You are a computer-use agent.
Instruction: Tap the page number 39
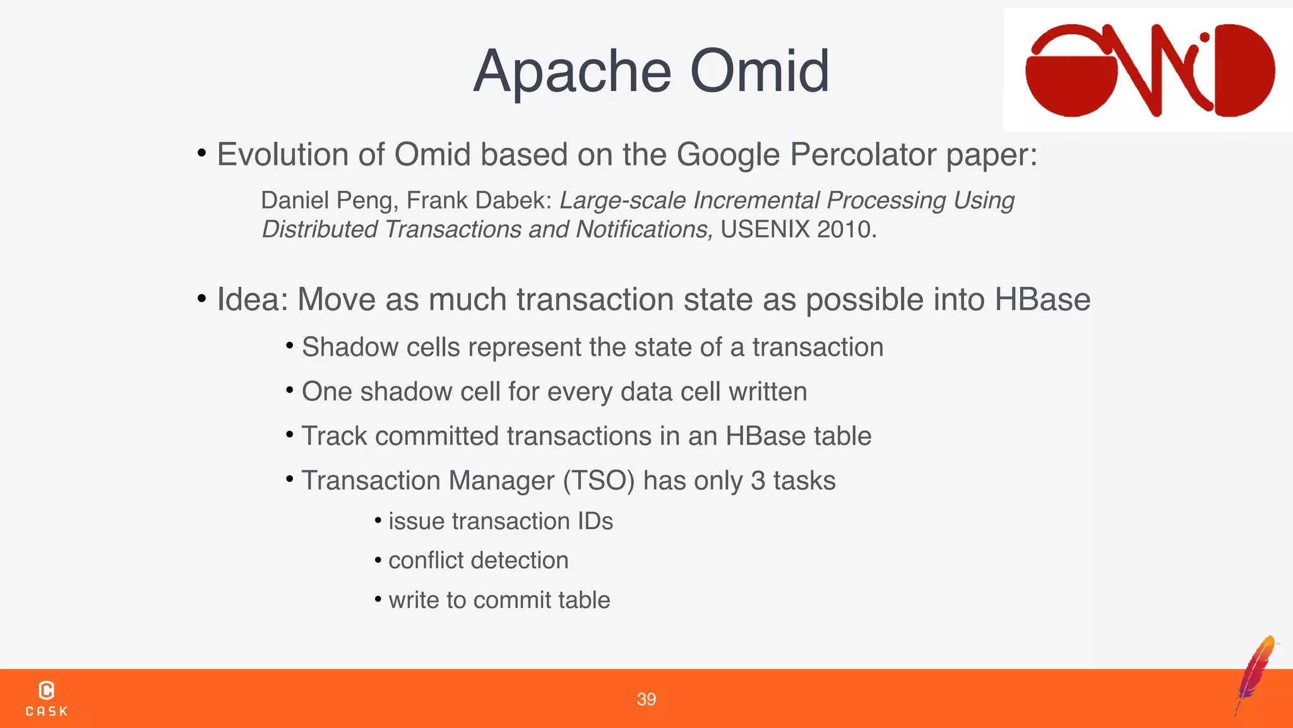point(646,700)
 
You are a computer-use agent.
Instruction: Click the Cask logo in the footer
point(47,698)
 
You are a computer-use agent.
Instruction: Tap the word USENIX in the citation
point(765,229)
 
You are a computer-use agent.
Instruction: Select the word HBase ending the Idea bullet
point(1042,300)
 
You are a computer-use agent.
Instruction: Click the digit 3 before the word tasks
point(758,481)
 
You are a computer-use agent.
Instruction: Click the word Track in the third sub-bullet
point(333,437)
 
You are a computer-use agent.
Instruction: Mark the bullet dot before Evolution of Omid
point(201,153)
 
